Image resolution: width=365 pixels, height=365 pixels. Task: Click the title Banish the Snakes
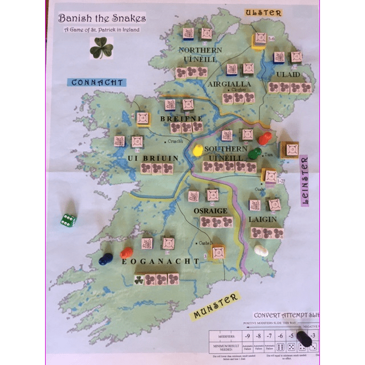tap(102, 18)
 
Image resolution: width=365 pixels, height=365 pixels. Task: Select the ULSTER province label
tap(263, 12)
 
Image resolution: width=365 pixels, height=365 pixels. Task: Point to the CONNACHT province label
tap(98, 82)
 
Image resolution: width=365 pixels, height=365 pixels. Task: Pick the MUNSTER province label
tap(215, 307)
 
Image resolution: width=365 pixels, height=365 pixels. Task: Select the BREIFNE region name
tap(182, 119)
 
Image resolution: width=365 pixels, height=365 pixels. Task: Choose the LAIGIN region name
tap(263, 218)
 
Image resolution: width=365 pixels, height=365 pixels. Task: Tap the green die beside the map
tap(68, 220)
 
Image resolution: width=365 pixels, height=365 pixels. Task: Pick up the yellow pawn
tap(198, 151)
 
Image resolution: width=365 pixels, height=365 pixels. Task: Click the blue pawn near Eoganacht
tap(105, 259)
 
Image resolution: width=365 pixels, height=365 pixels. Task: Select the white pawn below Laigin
tap(261, 250)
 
